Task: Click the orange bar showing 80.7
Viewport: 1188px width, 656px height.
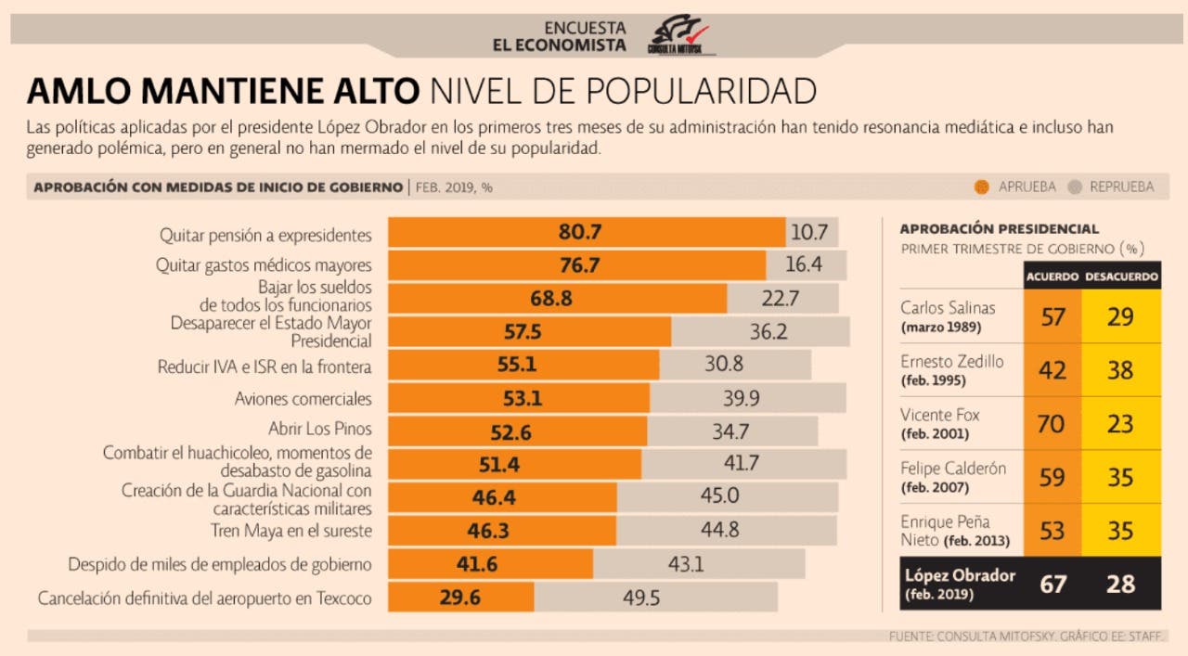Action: point(587,232)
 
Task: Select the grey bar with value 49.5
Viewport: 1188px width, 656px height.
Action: point(655,598)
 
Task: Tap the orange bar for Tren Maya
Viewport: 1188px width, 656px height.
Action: point(502,531)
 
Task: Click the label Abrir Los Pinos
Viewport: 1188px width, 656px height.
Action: point(319,430)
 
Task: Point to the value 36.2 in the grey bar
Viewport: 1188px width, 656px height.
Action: point(768,331)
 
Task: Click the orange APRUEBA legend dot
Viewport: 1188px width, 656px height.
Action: point(981,187)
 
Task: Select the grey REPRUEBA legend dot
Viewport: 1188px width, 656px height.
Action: point(1075,187)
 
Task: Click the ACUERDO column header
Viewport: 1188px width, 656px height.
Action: point(1052,277)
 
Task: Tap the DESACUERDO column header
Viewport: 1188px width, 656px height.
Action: point(1121,277)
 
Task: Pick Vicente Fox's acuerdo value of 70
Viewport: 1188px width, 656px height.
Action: point(1052,423)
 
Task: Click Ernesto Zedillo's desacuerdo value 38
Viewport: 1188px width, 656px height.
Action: point(1120,370)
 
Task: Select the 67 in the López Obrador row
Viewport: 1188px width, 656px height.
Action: point(1052,584)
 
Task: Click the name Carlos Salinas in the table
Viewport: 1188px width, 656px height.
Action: point(948,308)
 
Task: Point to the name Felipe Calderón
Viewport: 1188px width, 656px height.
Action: point(953,469)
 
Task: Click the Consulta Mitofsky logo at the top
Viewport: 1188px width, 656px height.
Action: point(678,35)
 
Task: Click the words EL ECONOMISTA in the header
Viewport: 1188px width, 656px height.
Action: point(559,45)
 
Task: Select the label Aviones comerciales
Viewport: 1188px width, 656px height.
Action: point(303,399)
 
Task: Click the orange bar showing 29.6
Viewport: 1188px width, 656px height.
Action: point(460,598)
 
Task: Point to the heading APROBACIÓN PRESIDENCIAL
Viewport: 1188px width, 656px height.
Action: point(999,228)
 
